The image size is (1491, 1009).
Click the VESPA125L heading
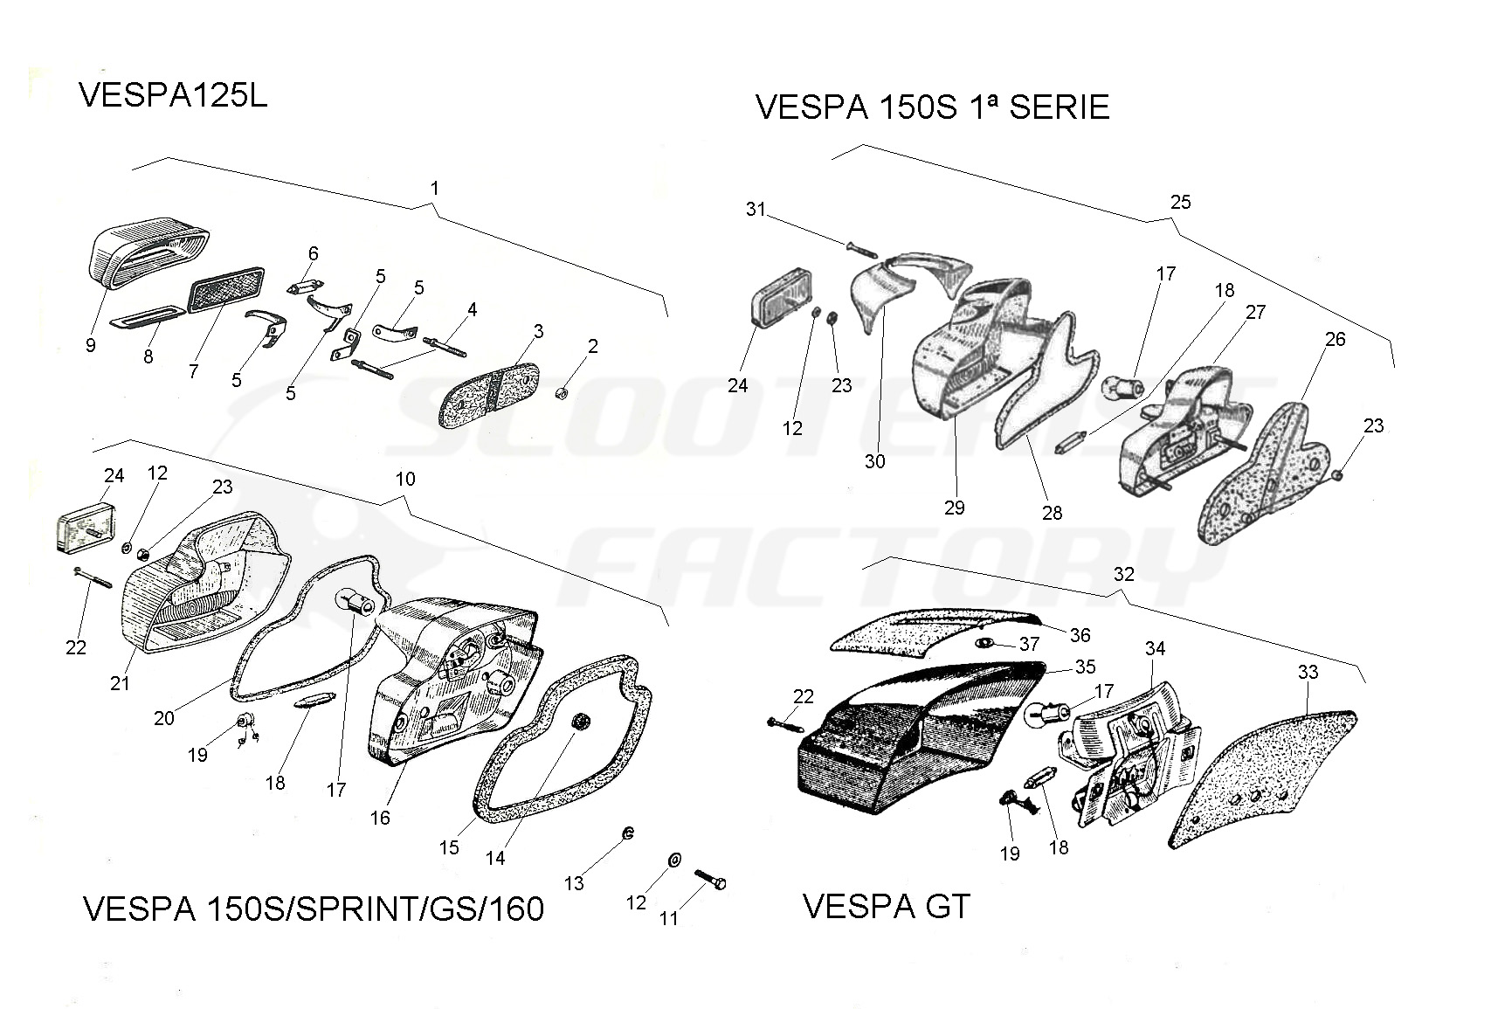173,96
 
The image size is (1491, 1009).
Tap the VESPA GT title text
886,907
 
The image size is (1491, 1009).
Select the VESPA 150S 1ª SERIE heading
932,107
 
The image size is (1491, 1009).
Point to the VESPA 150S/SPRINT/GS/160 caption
313,909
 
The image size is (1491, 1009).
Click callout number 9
91,345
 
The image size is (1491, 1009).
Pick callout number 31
756,210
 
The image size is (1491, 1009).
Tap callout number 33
1308,672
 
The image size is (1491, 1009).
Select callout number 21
120,683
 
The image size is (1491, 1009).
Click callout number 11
669,918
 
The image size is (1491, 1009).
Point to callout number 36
1080,635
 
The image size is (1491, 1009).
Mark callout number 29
955,507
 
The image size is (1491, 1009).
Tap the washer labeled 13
627,834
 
